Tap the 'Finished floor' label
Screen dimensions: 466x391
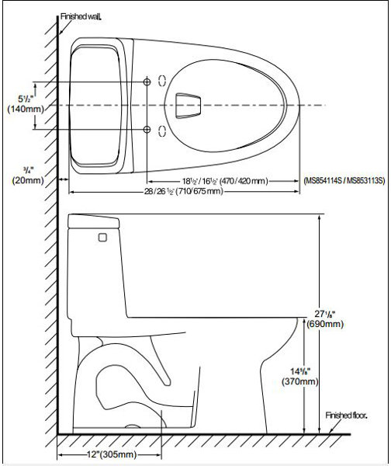coord(347,416)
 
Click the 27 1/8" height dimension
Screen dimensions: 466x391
coord(337,312)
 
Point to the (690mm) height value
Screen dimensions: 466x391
coord(337,324)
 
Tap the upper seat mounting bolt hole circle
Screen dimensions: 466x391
coord(148,82)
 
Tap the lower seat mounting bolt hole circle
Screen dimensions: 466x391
coord(148,128)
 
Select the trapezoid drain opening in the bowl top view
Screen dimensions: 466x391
coord(189,103)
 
